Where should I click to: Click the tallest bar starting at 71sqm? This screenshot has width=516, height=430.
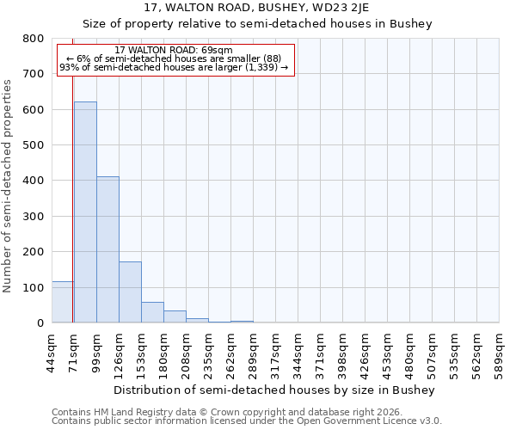tap(85, 212)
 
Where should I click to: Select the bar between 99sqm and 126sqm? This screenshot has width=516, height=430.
tap(107, 249)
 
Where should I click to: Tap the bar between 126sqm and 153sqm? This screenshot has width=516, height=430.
tap(130, 292)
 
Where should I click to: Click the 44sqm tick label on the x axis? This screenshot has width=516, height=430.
tap(52, 350)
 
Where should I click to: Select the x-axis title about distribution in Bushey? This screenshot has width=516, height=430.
tap(274, 390)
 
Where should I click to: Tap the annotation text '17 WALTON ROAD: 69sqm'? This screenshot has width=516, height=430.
tap(174, 51)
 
